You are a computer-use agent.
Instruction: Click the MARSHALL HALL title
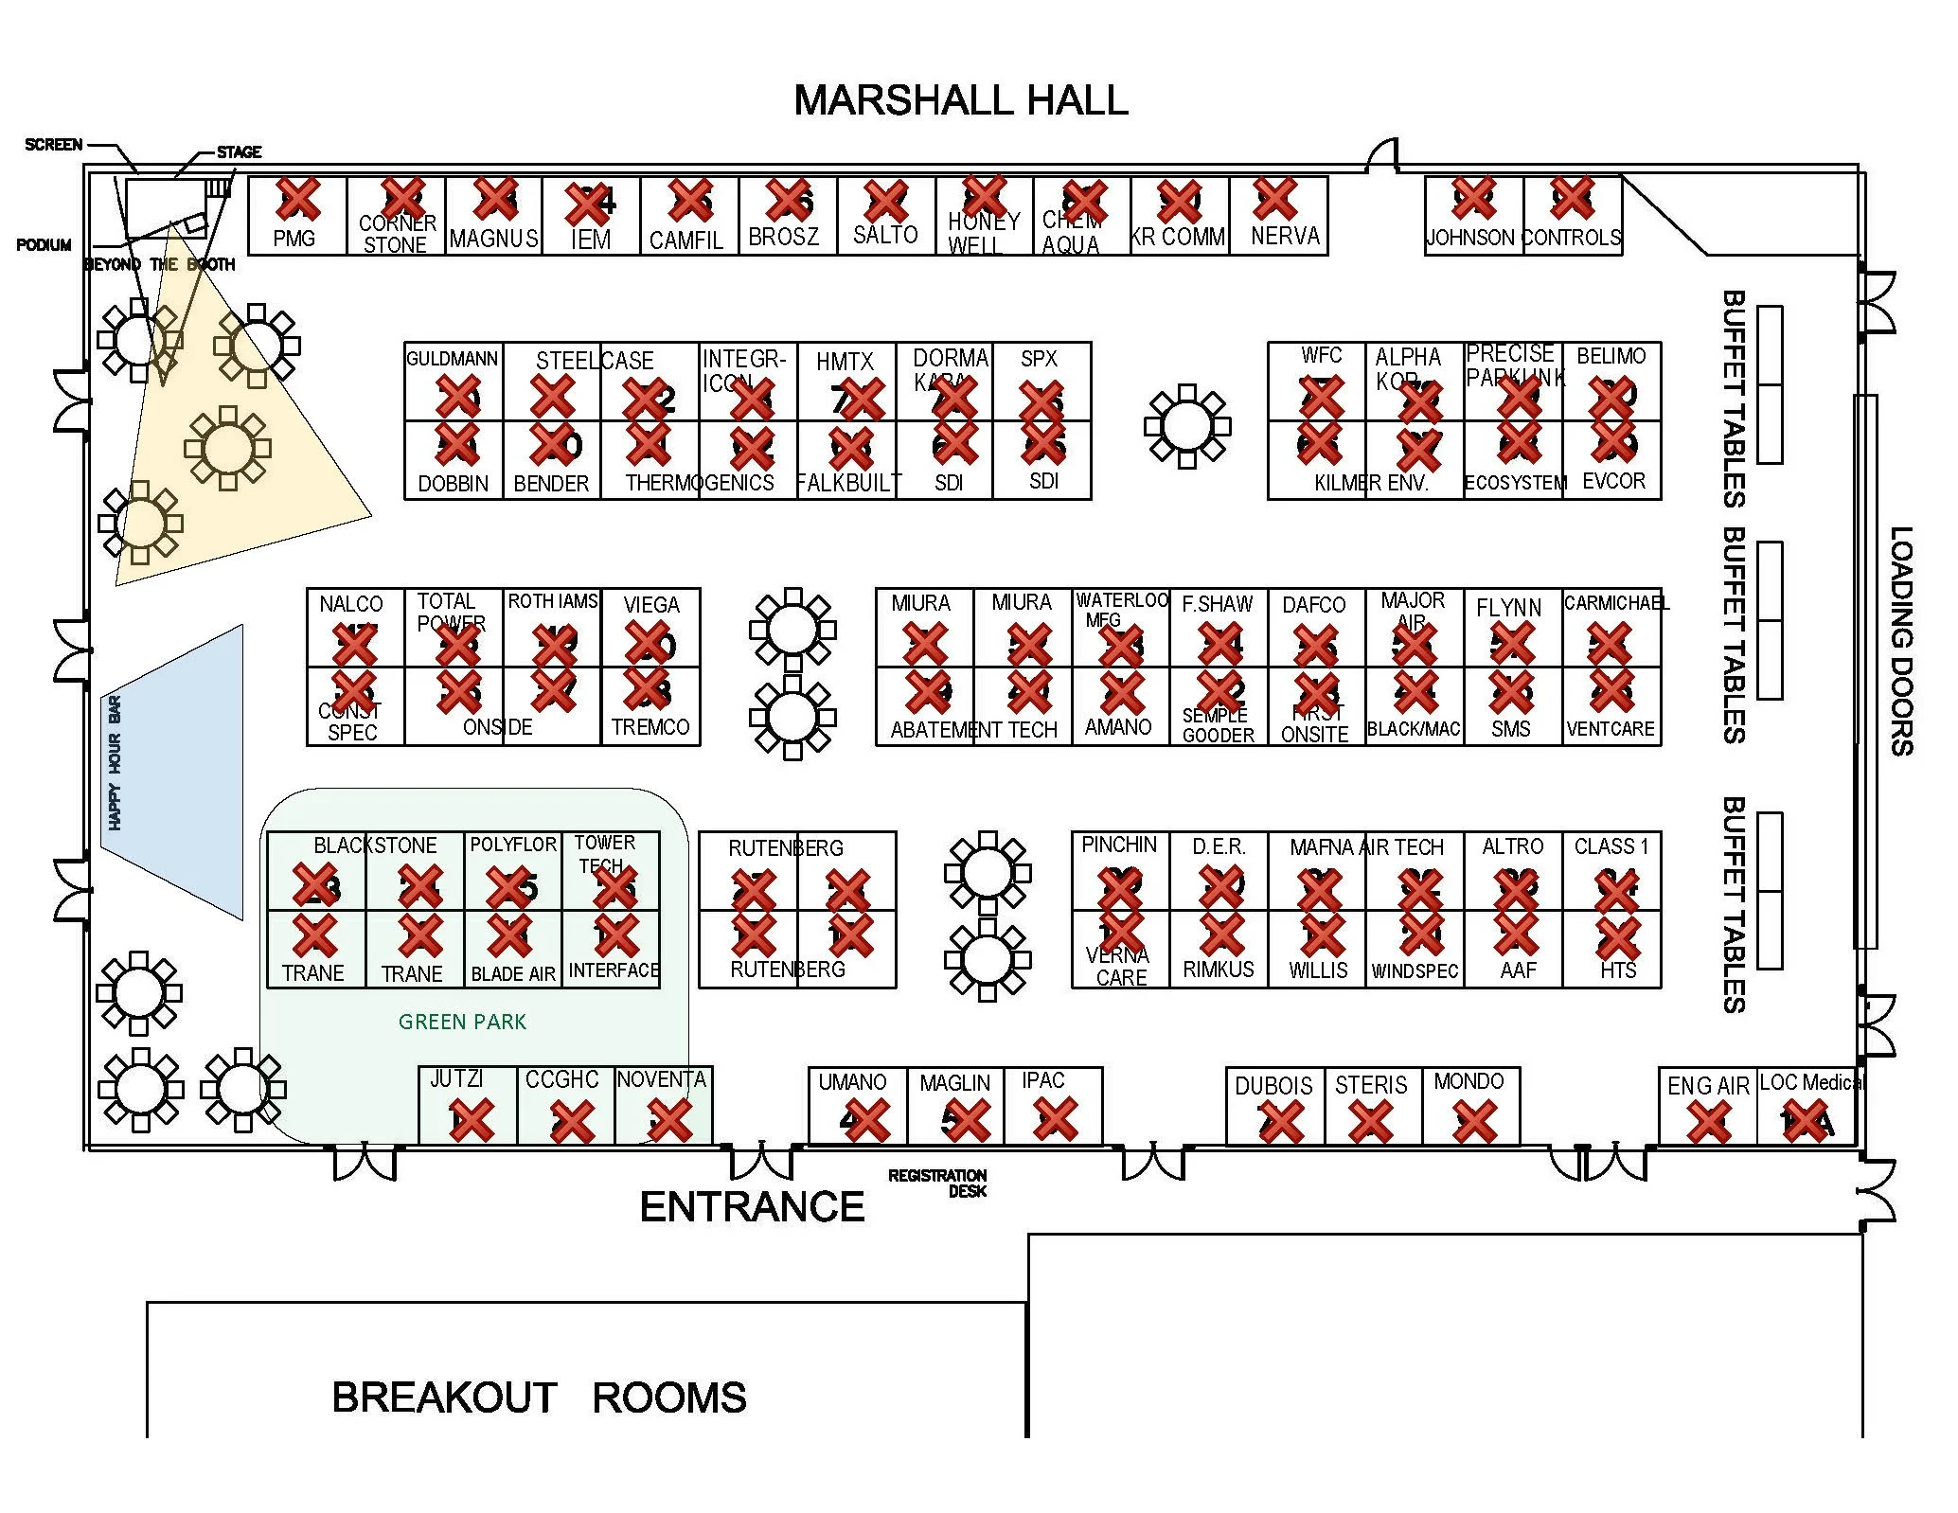pos(960,100)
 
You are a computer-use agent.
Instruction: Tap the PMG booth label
pos(294,239)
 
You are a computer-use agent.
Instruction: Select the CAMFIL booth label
pos(685,240)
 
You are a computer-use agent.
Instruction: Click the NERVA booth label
pos(1285,236)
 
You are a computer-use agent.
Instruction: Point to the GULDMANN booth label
pos(452,359)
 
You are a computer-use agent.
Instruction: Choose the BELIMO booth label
pos(1611,356)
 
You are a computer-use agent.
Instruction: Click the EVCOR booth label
pos(1613,481)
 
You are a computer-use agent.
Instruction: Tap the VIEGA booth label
pos(651,604)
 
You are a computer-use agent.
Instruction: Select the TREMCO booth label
pos(650,727)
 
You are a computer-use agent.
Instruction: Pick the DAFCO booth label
pos(1313,605)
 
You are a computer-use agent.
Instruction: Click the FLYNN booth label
pos(1508,608)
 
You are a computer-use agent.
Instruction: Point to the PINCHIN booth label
pos(1119,845)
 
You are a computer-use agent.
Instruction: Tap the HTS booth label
pos(1618,970)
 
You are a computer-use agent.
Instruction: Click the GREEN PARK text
pos(462,1022)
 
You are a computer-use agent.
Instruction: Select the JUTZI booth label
pos(456,1078)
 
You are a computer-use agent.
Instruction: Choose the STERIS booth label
pos(1371,1085)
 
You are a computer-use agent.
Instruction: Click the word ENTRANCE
pos(752,1207)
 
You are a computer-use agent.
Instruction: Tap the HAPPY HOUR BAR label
pos(116,763)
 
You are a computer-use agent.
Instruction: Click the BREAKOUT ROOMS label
pos(539,1397)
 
